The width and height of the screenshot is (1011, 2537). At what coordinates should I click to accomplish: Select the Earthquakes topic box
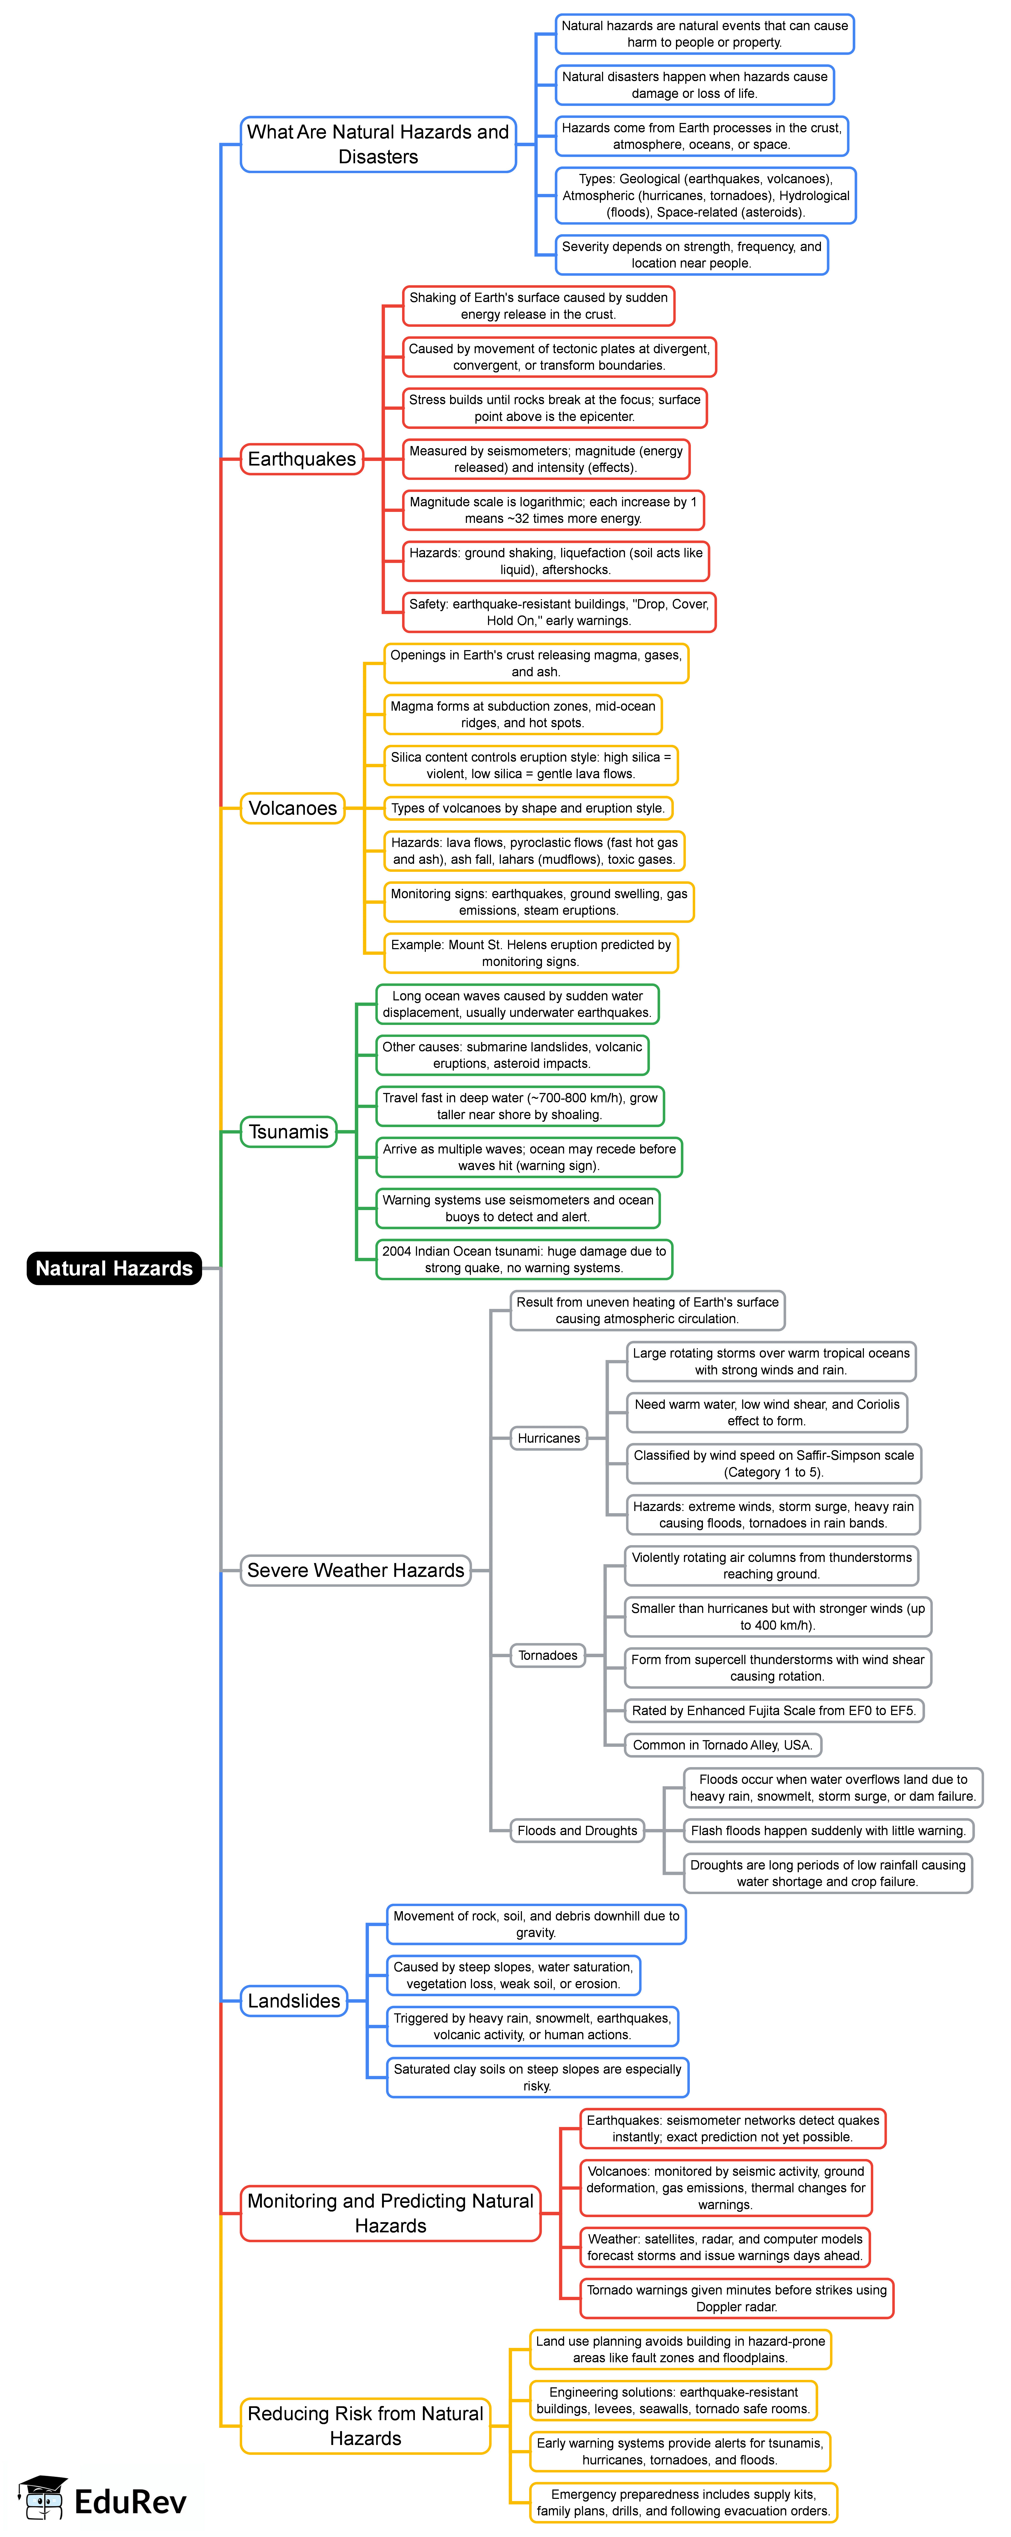click(x=301, y=459)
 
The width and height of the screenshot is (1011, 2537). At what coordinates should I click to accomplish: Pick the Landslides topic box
click(x=294, y=2000)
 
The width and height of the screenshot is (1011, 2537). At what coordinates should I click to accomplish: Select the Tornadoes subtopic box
click(x=548, y=1656)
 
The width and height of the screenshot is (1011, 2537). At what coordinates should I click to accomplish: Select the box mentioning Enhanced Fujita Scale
click(x=773, y=1711)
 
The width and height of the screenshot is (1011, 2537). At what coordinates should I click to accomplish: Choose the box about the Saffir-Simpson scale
click(x=773, y=1464)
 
